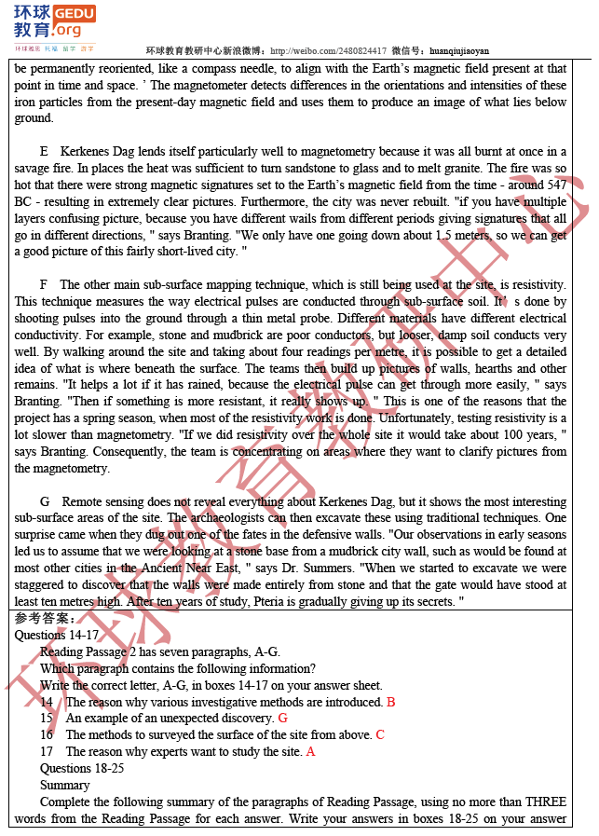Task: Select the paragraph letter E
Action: pos(44,152)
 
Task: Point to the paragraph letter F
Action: pos(44,284)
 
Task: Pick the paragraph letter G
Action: pos(45,501)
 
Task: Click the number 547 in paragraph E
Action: pos(557,185)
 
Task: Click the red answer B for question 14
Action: pos(391,702)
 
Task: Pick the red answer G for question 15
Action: pos(282,719)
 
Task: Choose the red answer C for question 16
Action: pos(380,735)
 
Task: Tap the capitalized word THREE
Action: pos(546,802)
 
